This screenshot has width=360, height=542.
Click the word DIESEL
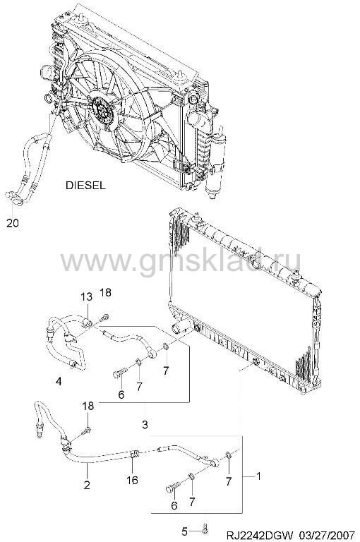85,186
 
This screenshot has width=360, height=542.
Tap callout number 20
13,223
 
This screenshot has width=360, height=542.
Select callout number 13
87,296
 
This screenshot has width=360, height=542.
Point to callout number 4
59,381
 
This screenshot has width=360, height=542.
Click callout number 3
145,424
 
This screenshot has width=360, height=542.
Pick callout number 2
87,485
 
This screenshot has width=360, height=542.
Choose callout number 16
133,480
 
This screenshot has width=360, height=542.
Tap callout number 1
258,476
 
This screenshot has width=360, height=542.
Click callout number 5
184,530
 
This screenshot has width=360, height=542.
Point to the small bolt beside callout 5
205,528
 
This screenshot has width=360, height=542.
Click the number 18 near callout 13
105,292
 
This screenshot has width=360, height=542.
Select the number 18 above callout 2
88,406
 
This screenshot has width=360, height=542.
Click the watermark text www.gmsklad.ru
181,262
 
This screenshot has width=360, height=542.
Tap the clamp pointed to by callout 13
88,323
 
